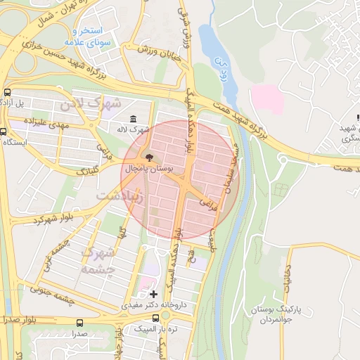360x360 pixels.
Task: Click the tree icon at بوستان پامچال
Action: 148,155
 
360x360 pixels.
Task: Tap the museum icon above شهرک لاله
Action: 134,118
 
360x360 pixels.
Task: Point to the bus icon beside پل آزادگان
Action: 8,92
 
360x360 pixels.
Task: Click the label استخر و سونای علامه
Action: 84,37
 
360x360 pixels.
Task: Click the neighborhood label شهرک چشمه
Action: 97,260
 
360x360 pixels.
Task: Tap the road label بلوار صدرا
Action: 20,319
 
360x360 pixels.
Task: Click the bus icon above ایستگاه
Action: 5,131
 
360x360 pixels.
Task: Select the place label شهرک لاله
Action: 134,130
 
